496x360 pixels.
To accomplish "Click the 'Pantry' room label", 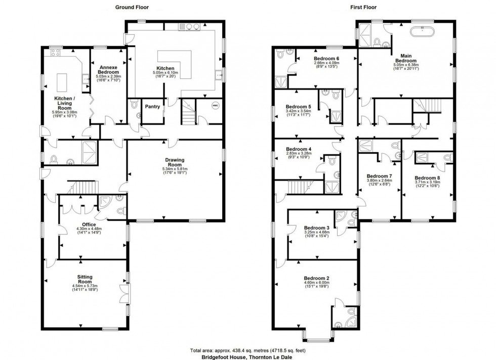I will (152, 107).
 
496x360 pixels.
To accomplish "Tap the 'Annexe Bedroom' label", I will (108, 69).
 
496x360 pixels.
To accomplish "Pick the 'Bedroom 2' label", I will (317, 278).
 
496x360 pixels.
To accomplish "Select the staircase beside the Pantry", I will (188, 112).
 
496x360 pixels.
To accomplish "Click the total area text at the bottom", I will (247, 350).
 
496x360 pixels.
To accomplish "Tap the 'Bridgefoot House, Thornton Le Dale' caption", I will (247, 356).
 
